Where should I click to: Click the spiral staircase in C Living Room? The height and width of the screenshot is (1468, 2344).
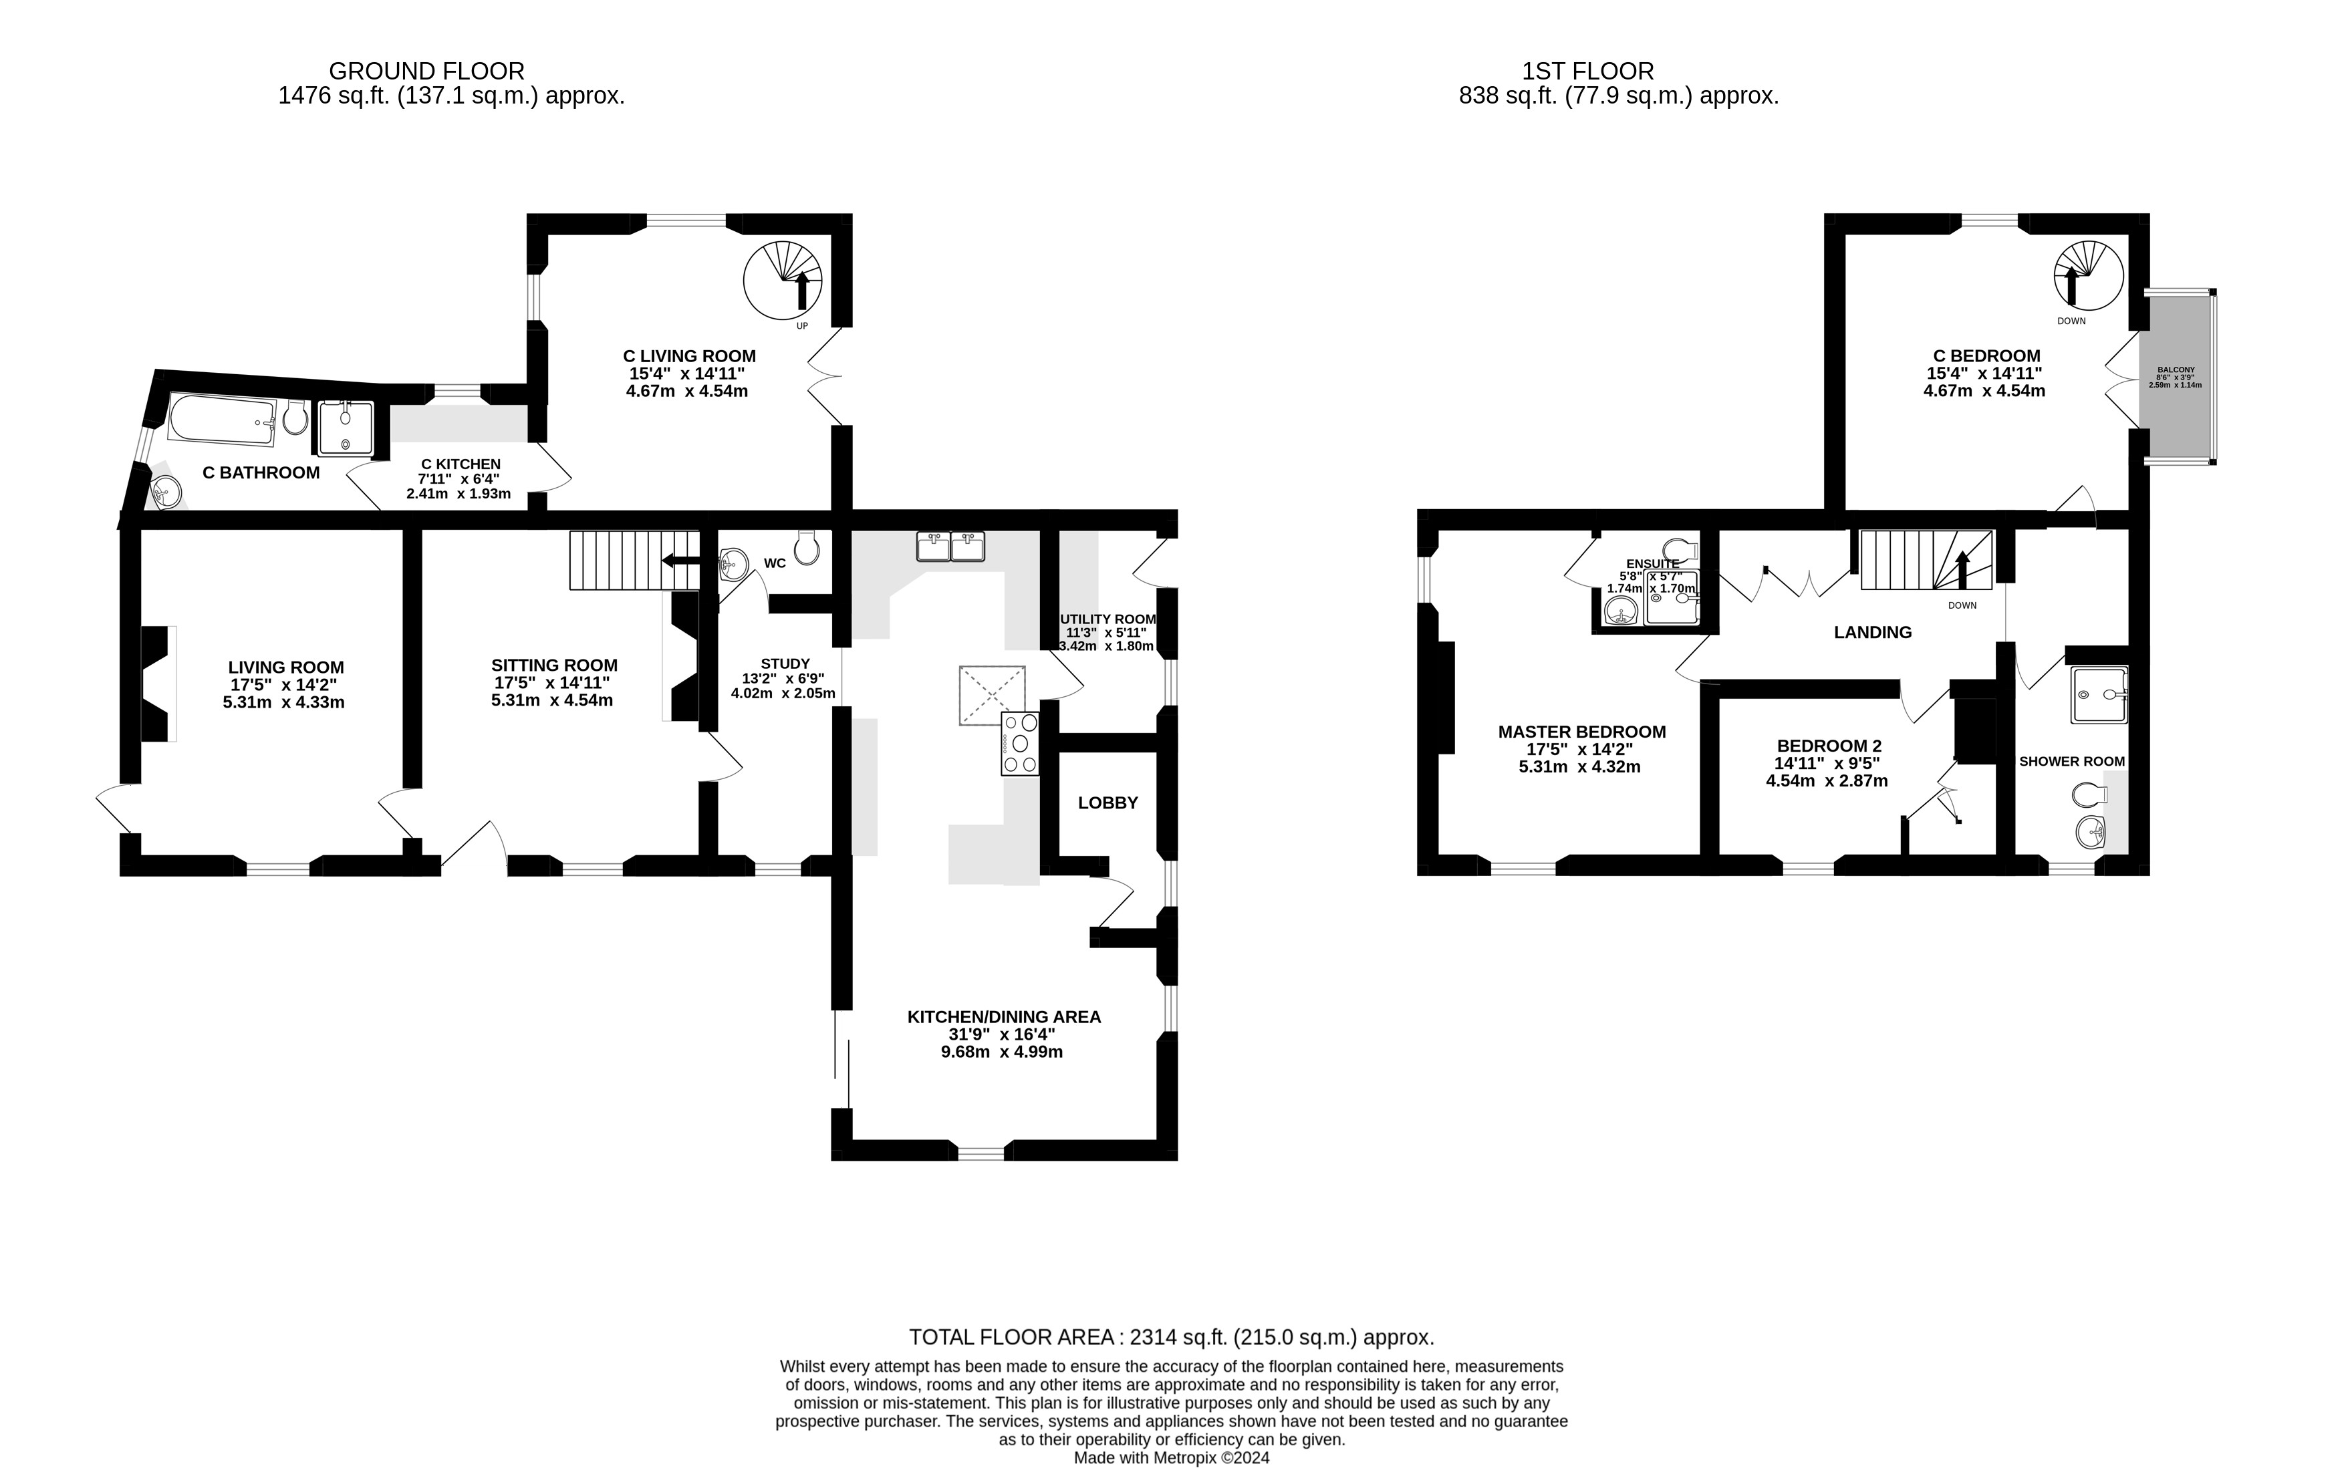point(783,279)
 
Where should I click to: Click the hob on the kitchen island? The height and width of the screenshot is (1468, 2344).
point(1019,743)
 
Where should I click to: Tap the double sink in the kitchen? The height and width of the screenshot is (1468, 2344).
point(950,547)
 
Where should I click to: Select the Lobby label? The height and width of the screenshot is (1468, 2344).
point(1107,803)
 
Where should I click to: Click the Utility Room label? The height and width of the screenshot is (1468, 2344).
point(1108,619)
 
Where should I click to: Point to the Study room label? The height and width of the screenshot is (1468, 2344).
point(785,664)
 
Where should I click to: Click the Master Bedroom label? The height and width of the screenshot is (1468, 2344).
point(1582,732)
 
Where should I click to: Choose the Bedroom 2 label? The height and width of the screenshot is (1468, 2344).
point(1829,746)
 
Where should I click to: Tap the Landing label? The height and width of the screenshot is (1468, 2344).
point(1872,632)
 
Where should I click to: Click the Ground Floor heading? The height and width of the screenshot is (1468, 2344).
point(426,71)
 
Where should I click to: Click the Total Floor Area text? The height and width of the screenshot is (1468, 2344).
point(1171,1337)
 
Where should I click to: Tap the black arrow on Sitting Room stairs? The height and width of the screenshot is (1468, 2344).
point(680,560)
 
